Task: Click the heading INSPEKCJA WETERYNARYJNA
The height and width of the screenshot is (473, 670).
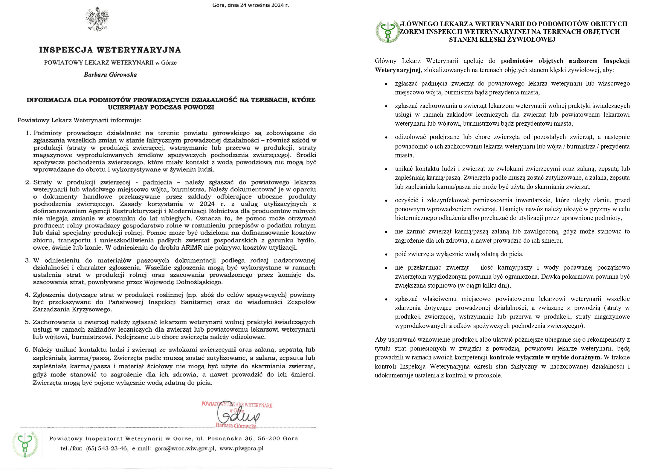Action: (110, 50)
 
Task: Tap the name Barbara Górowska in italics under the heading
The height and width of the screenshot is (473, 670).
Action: (110, 75)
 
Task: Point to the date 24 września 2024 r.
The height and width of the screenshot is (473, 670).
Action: (264, 5)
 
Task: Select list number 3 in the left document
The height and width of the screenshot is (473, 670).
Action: (28, 260)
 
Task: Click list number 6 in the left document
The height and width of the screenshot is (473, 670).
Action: (28, 350)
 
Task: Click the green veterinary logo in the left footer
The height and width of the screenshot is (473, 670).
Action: (25, 444)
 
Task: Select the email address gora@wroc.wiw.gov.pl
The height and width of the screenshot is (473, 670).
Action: (185, 449)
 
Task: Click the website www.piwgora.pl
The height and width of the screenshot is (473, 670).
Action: (241, 449)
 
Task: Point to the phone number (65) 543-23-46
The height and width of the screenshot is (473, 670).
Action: (107, 449)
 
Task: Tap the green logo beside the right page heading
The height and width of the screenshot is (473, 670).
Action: (387, 32)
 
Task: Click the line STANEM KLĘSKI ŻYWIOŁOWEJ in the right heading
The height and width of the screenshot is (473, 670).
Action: (502, 40)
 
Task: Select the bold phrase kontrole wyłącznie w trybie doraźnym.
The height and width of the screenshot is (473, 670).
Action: (545, 357)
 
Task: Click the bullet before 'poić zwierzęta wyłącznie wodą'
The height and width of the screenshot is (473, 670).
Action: (386, 254)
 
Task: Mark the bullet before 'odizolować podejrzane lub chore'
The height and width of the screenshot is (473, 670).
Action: (386, 137)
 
